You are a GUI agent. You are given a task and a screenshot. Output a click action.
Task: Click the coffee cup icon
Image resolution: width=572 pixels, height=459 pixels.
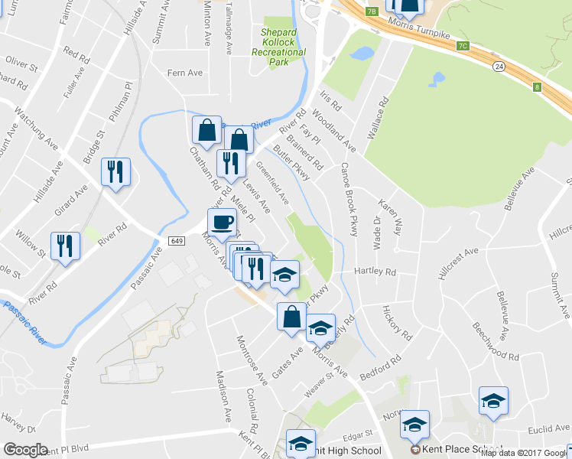222,223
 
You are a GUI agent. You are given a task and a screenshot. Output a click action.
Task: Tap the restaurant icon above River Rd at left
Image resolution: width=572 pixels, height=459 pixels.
64,246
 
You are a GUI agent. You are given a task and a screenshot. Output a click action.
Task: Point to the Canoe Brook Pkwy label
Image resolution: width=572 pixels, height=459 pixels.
349,199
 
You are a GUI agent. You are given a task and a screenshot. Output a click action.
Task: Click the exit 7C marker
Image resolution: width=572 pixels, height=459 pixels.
462,45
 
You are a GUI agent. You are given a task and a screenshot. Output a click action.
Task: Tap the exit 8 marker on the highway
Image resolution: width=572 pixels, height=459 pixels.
537,87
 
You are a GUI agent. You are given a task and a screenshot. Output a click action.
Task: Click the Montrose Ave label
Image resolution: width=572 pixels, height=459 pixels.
251,359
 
